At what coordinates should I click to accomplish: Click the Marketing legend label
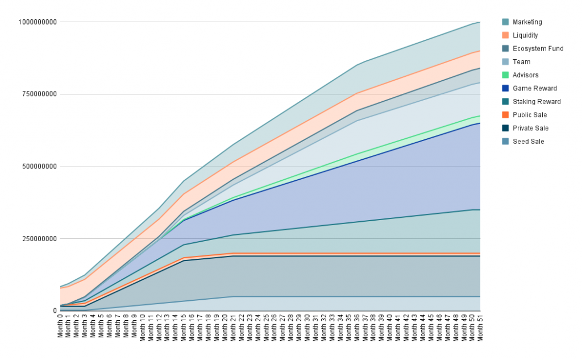(x=527, y=22)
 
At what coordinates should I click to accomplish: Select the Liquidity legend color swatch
(x=505, y=35)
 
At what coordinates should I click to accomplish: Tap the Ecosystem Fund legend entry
(x=538, y=48)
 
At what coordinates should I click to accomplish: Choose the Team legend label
(x=521, y=62)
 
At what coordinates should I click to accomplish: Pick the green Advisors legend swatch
(x=505, y=75)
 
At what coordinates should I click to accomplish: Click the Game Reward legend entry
(x=534, y=88)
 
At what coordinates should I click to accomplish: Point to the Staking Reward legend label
(x=537, y=102)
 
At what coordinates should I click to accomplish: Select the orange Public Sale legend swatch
(x=505, y=115)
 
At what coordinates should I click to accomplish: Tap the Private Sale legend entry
(x=530, y=128)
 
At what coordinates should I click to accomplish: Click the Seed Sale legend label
(x=528, y=142)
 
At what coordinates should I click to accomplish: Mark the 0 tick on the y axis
(x=55, y=311)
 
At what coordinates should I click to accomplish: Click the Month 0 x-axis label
(x=60, y=326)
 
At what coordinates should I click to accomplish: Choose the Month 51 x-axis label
(x=480, y=326)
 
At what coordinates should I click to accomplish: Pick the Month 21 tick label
(x=233, y=326)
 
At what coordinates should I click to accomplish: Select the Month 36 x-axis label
(x=356, y=326)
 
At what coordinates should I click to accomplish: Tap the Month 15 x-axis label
(x=184, y=326)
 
